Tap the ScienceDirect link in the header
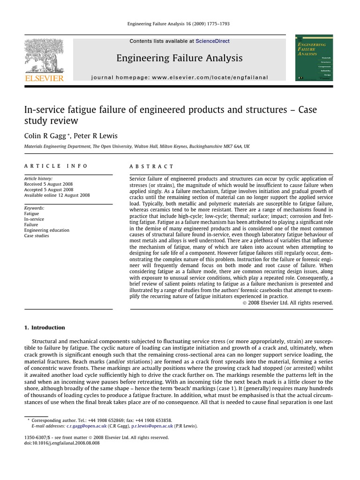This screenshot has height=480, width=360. coord(212,41)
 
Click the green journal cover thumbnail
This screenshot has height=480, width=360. coord(314,58)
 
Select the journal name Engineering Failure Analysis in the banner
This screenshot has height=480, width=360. coord(180,58)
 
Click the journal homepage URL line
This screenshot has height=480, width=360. coord(180,77)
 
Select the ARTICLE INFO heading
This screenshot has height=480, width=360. coord(56,166)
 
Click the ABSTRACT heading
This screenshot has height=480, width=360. coord(151,166)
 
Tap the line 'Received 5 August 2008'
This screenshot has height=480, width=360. coord(49,184)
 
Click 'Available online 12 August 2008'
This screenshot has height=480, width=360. coord(57,195)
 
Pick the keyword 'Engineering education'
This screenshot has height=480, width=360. coord(47,230)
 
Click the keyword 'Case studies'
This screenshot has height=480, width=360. coord(37,236)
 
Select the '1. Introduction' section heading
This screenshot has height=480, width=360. coord(45,328)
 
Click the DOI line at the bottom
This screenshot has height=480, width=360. coord(62,443)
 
